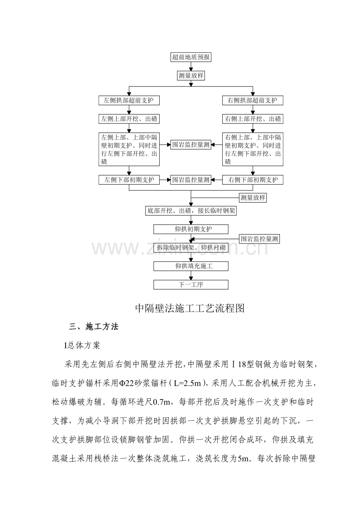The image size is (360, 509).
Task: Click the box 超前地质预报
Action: coord(191,57)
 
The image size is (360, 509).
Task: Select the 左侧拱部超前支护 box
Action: coord(129,100)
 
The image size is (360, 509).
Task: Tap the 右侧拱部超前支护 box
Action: coord(252,100)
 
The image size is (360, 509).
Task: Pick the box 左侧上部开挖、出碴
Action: coord(129,119)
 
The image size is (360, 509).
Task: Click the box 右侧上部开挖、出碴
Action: coord(252,119)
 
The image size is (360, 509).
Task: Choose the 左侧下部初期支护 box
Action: coord(129,180)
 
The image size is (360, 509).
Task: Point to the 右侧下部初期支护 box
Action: coord(252,180)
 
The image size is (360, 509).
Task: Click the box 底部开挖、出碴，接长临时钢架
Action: coord(191,211)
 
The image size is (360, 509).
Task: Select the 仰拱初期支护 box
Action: coord(191,229)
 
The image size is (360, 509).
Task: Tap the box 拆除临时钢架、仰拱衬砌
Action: coord(191,247)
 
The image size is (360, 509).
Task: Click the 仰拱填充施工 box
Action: coord(191,266)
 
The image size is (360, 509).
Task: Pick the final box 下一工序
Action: coord(191,285)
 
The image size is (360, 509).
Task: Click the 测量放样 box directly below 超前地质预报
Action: coord(191,75)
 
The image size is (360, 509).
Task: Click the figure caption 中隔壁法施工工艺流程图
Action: coord(190,308)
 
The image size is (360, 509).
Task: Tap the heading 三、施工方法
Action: coord(94,327)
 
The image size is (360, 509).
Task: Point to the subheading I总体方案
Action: coord(82,346)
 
